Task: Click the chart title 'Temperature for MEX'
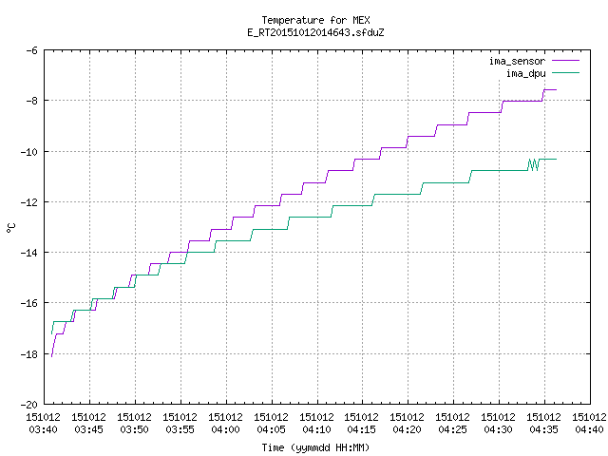point(315,20)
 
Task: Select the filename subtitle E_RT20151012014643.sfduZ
point(315,32)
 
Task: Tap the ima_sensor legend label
point(517,61)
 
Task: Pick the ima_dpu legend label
point(525,73)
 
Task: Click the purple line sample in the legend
point(566,61)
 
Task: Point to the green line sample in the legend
point(566,73)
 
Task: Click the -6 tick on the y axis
point(31,50)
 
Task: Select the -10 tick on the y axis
point(29,152)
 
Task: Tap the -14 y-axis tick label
point(29,253)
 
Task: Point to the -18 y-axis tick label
point(29,354)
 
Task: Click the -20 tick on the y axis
point(29,405)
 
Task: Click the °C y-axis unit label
point(10,228)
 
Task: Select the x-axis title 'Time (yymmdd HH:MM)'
point(315,447)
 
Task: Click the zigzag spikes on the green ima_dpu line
point(534,164)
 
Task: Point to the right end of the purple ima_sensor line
point(557,89)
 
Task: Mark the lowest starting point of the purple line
point(51,356)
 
